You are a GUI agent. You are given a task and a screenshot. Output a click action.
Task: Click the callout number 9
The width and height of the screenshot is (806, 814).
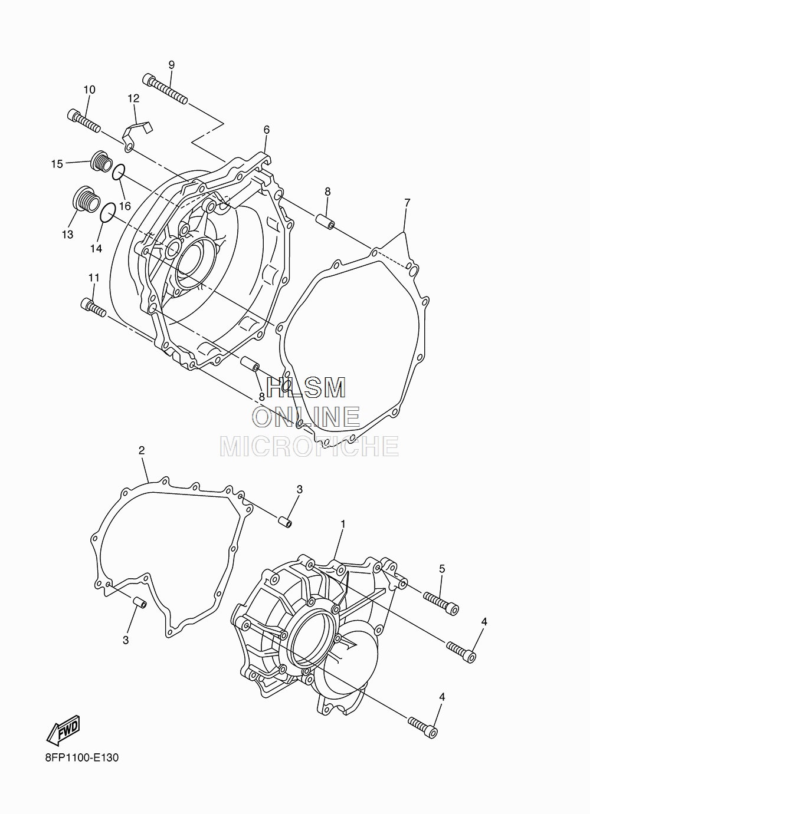[x=171, y=64]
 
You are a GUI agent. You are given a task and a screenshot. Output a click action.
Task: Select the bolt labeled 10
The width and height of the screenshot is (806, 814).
[x=84, y=121]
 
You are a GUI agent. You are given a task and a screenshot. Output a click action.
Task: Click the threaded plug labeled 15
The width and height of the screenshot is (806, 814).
[x=101, y=161]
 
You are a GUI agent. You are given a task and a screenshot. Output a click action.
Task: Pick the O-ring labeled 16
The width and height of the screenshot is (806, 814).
[x=119, y=172]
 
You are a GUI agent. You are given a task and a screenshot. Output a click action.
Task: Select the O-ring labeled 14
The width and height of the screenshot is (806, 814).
[x=107, y=213]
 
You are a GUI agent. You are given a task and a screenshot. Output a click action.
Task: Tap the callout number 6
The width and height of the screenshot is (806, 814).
[x=266, y=130]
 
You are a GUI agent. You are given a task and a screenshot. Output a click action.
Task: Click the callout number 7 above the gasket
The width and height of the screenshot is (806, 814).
[x=407, y=203]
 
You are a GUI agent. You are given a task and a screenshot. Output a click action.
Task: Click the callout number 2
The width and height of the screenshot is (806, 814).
[x=142, y=450]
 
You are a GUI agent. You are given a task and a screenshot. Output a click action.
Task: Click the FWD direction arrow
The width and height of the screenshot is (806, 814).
[x=63, y=729]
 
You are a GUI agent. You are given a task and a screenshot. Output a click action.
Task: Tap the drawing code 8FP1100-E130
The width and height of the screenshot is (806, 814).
[x=81, y=757]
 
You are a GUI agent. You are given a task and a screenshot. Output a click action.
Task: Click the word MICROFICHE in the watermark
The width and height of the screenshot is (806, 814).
[x=309, y=447]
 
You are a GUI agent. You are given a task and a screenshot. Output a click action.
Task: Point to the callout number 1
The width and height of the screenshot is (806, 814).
[x=343, y=523]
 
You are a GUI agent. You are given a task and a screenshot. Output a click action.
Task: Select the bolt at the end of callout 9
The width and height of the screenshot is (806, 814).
[x=165, y=90]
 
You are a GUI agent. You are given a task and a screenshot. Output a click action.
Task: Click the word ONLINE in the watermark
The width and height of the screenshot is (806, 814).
[x=306, y=417]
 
